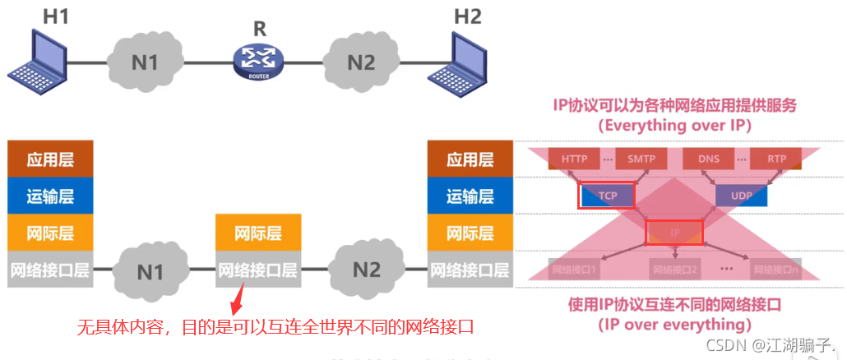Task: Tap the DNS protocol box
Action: (709, 159)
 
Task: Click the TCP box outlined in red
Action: (607, 195)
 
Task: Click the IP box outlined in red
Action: (674, 233)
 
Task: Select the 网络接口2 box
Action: (674, 269)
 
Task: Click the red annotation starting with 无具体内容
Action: (276, 326)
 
